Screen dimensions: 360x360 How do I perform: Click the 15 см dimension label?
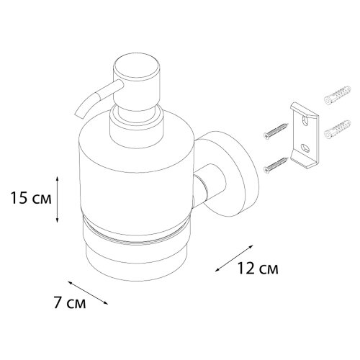coord(31,199)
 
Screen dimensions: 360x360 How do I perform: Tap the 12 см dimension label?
coord(258,268)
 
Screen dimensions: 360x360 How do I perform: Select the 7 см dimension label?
coord(69,302)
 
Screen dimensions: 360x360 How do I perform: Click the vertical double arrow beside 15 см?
coord(57,199)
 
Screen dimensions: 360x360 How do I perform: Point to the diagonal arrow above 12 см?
coord(234,258)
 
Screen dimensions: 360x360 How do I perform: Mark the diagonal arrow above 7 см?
coord(88,292)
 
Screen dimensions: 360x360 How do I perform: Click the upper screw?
coord(275,131)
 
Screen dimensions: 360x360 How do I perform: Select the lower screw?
coord(275,165)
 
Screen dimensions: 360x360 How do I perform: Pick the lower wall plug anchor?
coord(337,129)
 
